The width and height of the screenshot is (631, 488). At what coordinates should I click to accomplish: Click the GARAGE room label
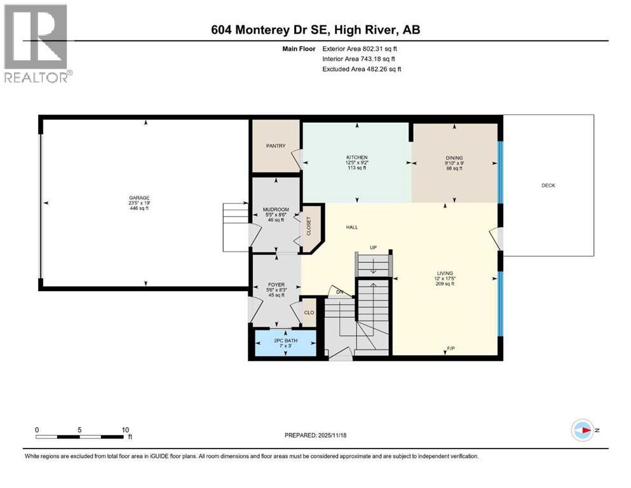coord(139,198)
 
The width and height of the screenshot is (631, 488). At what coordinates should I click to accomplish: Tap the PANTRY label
coord(275,146)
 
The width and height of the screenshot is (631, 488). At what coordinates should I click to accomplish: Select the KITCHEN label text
coord(356,158)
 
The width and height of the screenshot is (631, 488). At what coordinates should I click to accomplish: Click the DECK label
coord(548,186)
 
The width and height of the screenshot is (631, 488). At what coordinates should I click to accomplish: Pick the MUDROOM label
coord(276,210)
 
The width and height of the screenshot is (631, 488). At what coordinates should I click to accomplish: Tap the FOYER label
coord(276,285)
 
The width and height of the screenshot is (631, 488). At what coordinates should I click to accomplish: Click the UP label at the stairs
coord(374,247)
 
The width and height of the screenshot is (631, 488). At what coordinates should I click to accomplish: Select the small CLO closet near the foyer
coord(308,313)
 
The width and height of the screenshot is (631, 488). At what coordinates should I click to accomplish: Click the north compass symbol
coord(582,430)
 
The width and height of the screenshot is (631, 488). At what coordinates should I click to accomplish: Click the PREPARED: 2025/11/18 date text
coord(316,435)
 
